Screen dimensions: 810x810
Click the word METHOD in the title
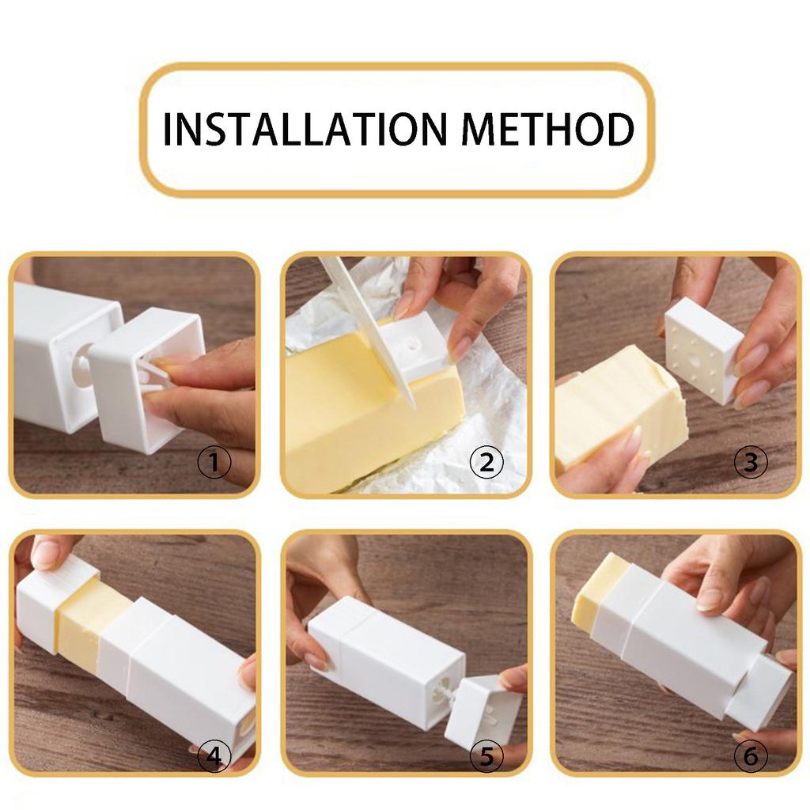coord(547,129)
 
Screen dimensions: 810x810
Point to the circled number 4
coord(214,756)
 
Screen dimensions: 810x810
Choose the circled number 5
coord(486,756)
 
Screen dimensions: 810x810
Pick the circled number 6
coord(751,756)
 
